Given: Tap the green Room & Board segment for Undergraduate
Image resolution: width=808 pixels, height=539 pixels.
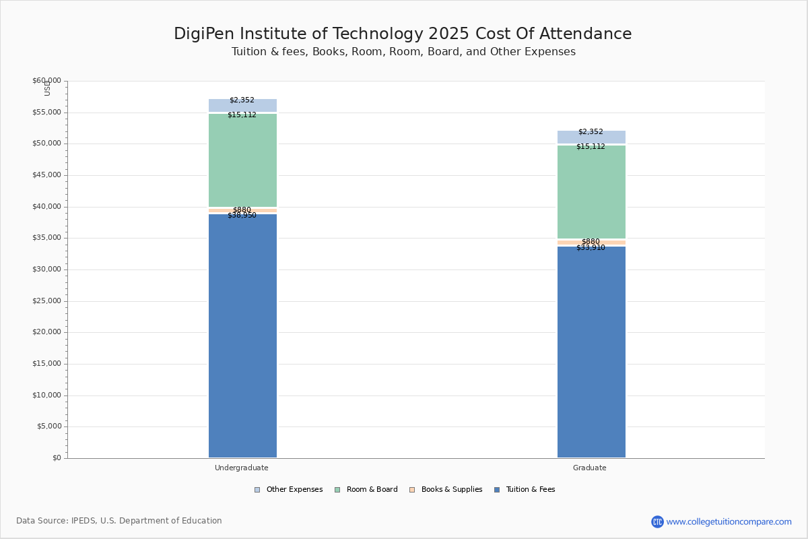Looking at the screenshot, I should point(242,160).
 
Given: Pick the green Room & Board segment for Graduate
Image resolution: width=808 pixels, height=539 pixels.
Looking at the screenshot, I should point(591,192).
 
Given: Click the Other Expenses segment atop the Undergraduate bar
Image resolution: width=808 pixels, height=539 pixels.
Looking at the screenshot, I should point(242,106).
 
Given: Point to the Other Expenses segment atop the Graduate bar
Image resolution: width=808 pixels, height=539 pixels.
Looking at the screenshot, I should point(591,137).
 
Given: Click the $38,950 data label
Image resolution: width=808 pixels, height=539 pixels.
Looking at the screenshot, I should point(242,216).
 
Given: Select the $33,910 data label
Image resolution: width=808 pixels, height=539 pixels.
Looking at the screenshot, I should point(591,248).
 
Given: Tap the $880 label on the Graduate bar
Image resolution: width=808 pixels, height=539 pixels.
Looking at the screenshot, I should point(591,241).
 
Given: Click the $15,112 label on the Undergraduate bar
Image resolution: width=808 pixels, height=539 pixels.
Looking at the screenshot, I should point(242,115).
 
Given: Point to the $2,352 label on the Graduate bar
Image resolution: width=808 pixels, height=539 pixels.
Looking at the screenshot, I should point(591,132).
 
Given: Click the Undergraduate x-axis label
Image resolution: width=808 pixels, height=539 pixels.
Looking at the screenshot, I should point(242,468).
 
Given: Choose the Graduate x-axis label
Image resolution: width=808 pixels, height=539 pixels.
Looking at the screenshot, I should point(590,468).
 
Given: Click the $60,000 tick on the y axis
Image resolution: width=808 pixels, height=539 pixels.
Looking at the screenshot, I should point(46,81).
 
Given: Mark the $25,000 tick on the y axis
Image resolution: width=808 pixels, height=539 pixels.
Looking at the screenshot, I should point(46,301).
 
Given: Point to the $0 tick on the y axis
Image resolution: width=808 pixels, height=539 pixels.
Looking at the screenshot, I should point(57,458).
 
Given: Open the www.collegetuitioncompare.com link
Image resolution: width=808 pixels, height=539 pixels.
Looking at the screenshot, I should point(729,521).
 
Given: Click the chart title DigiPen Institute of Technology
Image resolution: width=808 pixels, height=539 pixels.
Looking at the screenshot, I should point(403,34).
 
